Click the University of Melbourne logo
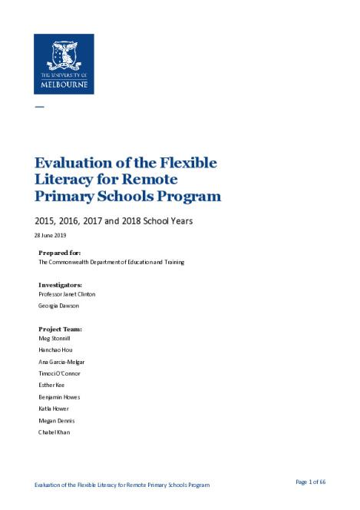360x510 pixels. (x=64, y=64)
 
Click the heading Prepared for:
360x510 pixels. (x=59, y=252)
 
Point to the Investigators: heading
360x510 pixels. (x=60, y=284)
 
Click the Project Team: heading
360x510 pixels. (x=60, y=329)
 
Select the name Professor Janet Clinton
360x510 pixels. (x=67, y=294)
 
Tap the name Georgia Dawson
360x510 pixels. (x=58, y=305)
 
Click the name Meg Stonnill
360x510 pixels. (x=54, y=338)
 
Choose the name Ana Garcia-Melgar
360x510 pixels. (x=61, y=361)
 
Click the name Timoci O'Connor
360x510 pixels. (x=59, y=373)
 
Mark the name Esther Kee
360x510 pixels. (x=51, y=385)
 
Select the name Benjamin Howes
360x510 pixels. (x=59, y=397)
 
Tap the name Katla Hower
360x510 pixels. (x=54, y=409)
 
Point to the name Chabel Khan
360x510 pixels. (x=54, y=432)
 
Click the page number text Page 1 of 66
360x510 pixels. (x=311, y=482)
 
